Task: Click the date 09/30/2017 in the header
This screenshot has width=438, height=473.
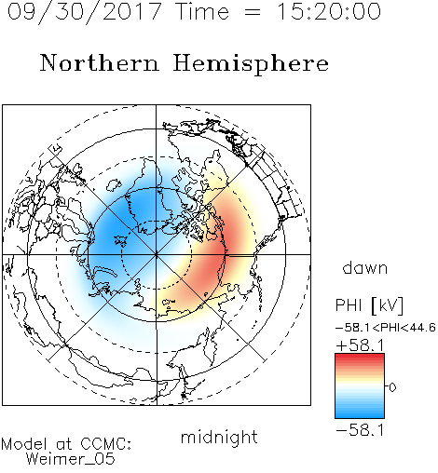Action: click(84, 12)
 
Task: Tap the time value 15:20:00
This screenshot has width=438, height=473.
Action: click(329, 11)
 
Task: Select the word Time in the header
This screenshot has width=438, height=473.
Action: click(202, 11)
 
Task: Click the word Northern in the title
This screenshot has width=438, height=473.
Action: click(100, 62)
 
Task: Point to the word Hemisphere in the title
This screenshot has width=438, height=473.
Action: click(251, 64)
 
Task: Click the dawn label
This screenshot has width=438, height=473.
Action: click(365, 267)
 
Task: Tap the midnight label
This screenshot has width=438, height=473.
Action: click(219, 438)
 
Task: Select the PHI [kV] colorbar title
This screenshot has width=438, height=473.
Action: click(369, 305)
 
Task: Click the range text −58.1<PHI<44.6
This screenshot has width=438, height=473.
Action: click(386, 328)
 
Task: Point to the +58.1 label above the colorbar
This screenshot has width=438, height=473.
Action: click(360, 345)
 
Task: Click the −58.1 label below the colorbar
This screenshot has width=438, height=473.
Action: click(360, 430)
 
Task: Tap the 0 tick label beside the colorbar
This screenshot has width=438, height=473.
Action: click(392, 387)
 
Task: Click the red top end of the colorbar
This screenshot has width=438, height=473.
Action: click(360, 357)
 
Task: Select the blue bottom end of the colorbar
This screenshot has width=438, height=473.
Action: click(360, 414)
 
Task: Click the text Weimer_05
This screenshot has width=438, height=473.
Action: click(71, 458)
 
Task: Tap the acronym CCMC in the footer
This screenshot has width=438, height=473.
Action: click(105, 443)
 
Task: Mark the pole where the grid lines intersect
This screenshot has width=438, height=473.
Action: click(156, 254)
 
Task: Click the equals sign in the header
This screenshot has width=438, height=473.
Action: click(253, 12)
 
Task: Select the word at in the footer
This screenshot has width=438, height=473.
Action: click(63, 444)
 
